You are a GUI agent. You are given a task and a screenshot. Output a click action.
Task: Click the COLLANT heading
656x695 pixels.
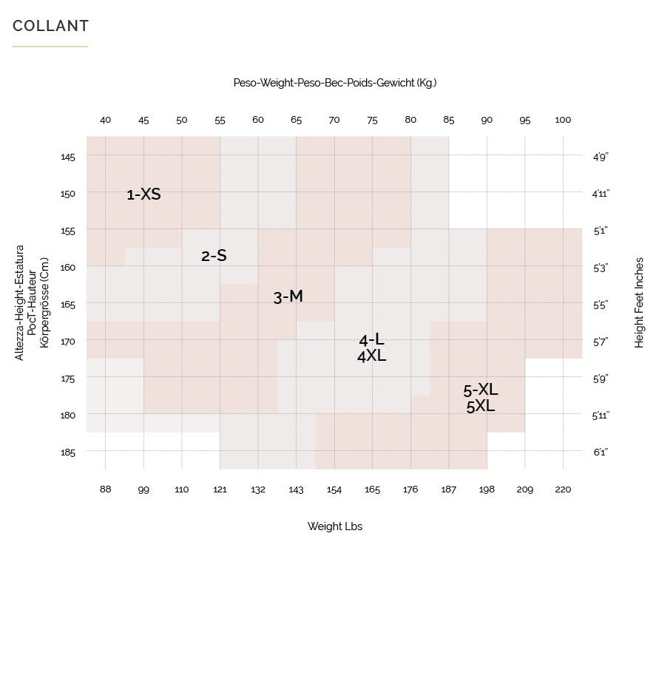pos(50,26)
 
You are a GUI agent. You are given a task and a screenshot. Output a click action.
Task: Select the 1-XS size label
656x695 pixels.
pos(143,194)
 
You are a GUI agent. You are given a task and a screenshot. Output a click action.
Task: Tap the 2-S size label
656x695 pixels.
pos(214,256)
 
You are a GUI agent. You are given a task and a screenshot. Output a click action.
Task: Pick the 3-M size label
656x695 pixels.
pos(288,296)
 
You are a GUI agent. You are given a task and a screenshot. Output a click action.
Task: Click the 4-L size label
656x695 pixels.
pos(371,340)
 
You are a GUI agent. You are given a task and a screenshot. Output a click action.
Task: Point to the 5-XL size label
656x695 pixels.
pos(481,390)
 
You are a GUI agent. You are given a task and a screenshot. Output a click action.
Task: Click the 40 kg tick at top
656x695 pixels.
pos(105,120)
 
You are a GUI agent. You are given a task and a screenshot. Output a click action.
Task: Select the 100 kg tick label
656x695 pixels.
pos(563,120)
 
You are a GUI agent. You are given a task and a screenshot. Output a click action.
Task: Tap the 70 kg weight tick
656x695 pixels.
pos(334,120)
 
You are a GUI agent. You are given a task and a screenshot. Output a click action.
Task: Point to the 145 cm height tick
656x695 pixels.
pos(68,157)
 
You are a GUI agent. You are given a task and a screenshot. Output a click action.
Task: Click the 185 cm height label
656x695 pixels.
pos(68,452)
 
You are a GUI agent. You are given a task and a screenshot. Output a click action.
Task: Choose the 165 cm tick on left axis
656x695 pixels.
pos(68,304)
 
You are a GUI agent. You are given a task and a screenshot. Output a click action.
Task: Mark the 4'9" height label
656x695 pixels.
pos(601,157)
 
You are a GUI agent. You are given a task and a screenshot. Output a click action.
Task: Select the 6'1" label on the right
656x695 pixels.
pos(601,452)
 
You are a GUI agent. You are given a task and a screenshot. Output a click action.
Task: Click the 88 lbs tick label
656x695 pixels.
pos(105,489)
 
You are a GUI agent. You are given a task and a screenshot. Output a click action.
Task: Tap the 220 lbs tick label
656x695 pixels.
pos(563,489)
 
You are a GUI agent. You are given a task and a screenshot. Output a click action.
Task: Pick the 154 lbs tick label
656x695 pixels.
pos(334,489)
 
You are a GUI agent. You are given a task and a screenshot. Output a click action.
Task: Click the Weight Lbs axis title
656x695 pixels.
pos(335,526)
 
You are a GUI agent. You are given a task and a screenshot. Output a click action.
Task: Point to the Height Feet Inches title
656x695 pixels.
pos(639,302)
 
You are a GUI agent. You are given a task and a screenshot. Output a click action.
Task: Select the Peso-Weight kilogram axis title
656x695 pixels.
pos(335,83)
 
